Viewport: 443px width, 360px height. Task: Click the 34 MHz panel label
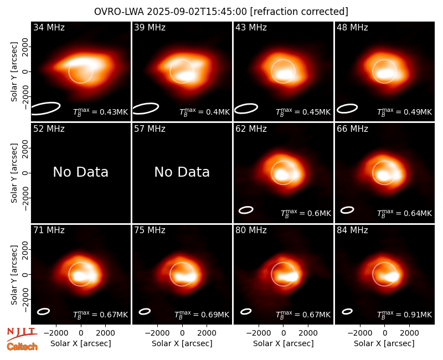(49, 27)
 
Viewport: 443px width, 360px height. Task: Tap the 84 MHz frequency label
(352, 230)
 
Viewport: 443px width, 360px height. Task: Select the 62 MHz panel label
(251, 129)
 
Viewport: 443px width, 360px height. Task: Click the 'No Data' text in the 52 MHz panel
(81, 172)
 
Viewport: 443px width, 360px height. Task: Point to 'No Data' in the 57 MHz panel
(182, 172)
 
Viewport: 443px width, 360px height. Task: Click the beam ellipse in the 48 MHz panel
(347, 109)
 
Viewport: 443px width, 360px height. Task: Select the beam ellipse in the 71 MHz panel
(44, 311)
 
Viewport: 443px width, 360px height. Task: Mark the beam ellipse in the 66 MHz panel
(347, 210)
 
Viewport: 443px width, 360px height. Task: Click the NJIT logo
(22, 333)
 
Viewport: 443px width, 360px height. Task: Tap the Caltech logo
(22, 347)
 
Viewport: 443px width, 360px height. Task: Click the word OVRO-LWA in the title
(119, 12)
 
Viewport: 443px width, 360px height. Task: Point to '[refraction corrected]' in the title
(299, 12)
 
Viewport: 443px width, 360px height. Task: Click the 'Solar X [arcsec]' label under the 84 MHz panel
(384, 343)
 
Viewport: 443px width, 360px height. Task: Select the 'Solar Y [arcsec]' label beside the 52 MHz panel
(14, 173)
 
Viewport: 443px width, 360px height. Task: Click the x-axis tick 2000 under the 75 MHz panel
(207, 333)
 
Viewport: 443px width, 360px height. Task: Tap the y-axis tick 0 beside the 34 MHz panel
(25, 71)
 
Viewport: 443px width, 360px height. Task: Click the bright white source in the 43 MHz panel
(284, 75)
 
